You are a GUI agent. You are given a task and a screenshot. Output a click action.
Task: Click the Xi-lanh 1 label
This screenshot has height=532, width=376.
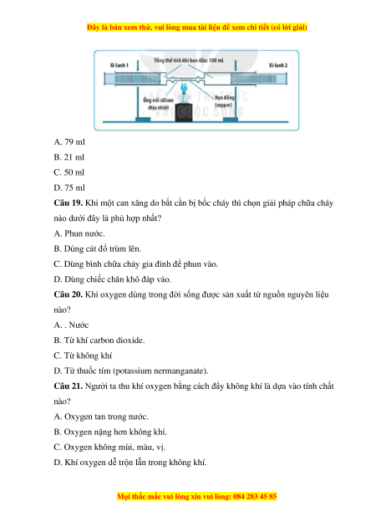point(119,65)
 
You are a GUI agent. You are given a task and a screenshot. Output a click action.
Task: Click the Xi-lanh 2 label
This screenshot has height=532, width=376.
point(278,65)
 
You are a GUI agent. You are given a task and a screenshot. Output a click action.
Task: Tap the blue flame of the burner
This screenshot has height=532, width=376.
point(184,88)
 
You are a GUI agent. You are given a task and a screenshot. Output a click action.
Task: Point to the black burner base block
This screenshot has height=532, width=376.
point(184,112)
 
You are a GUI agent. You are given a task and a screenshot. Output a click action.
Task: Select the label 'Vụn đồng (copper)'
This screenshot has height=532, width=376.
point(224,101)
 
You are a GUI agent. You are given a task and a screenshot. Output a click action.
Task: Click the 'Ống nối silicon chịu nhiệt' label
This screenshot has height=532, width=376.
point(158,104)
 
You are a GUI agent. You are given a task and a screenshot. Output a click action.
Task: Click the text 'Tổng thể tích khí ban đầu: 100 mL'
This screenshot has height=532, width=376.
point(189,60)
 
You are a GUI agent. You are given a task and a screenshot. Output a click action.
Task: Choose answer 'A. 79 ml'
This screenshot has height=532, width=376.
point(69,142)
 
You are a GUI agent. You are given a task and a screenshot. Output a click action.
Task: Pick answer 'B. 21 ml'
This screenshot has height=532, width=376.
point(69,157)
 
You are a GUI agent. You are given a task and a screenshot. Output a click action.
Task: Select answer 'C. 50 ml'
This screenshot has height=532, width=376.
point(69,172)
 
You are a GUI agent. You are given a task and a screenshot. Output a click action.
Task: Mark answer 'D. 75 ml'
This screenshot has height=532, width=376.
point(69,187)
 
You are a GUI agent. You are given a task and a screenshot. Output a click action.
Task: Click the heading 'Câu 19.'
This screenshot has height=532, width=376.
point(69,203)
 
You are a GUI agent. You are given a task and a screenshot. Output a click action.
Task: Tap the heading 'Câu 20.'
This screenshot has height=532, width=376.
point(69,294)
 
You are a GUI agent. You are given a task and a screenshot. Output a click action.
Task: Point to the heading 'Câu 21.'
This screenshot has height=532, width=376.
point(69,386)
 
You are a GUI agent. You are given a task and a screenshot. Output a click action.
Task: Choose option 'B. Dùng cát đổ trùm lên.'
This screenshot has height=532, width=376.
point(98,248)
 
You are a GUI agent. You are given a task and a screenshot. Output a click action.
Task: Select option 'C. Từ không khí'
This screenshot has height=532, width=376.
point(83,356)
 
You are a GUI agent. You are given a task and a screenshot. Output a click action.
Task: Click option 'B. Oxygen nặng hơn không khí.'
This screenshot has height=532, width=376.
point(110,432)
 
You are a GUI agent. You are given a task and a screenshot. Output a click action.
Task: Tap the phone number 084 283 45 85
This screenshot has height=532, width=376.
point(255,496)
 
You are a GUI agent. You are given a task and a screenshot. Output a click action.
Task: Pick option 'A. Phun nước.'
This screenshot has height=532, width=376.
point(79,233)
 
